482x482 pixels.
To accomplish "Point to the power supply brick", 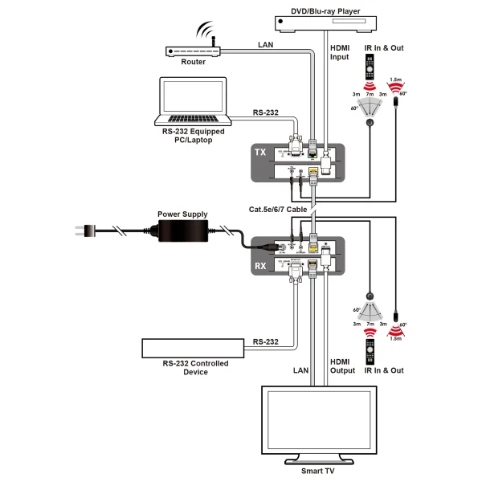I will (x=182, y=231).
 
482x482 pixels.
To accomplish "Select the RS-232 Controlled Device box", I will (x=193, y=347).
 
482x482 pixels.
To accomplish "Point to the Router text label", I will (x=193, y=62).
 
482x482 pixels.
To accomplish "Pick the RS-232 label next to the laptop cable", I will (x=265, y=112).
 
